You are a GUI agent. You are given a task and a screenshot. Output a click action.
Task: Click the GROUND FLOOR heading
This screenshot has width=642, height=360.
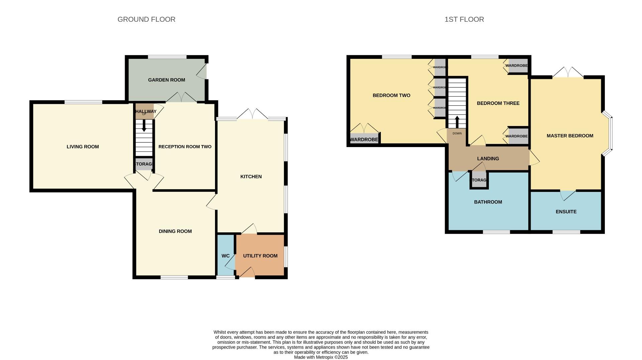pyautogui.click(x=146, y=19)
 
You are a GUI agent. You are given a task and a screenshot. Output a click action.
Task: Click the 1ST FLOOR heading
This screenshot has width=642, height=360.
pyautogui.click(x=464, y=19)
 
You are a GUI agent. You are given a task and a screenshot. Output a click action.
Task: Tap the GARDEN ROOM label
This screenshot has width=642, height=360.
pyautogui.click(x=167, y=80)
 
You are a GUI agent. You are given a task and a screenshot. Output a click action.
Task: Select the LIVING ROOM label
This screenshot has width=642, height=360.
pyautogui.click(x=83, y=147)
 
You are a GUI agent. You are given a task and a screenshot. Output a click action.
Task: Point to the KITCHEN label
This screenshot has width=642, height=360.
pyautogui.click(x=251, y=176)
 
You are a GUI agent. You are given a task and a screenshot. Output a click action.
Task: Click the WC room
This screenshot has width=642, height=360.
pyautogui.click(x=225, y=256)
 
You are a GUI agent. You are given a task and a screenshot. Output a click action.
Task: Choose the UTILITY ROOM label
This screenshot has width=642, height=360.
pyautogui.click(x=260, y=256)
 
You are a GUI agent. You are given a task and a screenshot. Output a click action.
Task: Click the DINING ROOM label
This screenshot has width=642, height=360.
pyautogui.click(x=175, y=231)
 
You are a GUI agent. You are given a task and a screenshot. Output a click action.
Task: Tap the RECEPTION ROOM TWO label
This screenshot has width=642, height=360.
pyautogui.click(x=185, y=147)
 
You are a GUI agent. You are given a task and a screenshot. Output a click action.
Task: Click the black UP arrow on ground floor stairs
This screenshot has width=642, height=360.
pyautogui.click(x=144, y=126)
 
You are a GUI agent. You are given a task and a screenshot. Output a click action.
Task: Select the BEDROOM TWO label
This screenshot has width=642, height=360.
pyautogui.click(x=391, y=96)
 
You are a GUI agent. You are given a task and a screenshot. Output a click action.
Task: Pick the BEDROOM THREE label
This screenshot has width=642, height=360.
pyautogui.click(x=498, y=103)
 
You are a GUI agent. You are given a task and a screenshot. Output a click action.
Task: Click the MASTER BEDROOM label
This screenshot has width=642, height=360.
pyautogui.click(x=570, y=136)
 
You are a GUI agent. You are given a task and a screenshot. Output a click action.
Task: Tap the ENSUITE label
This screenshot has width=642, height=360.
pyautogui.click(x=566, y=212)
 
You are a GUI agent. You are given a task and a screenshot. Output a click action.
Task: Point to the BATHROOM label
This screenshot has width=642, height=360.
pyautogui.click(x=488, y=202)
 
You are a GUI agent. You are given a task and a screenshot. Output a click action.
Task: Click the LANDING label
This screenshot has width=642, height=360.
pyautogui.click(x=488, y=158)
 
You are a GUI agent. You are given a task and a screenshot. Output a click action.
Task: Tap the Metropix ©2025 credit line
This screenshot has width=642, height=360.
pyautogui.click(x=321, y=357)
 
